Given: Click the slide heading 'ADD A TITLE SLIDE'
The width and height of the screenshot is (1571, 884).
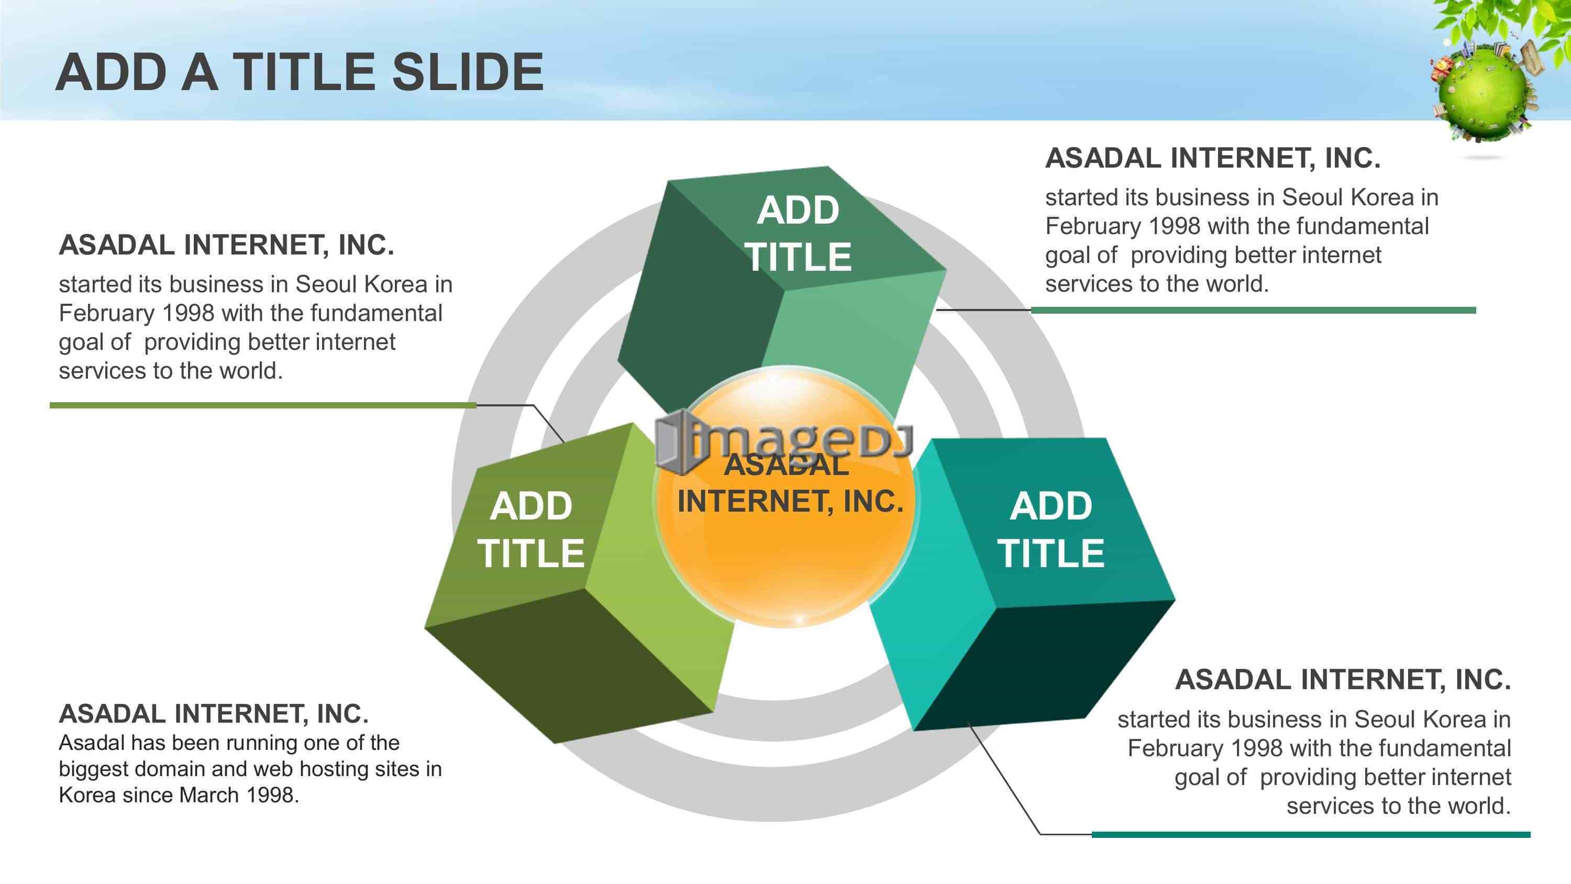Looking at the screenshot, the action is tap(300, 72).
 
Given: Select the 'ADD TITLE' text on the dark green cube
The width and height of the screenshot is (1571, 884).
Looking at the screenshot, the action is tap(798, 233).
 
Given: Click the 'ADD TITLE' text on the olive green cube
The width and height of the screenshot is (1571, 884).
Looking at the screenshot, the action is tap(530, 529).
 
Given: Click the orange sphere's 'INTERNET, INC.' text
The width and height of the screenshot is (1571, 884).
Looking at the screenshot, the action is tap(790, 502).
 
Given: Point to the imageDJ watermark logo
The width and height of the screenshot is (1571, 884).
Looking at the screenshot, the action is tap(784, 441).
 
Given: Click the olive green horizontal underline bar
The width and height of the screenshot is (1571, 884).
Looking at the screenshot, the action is tap(263, 405).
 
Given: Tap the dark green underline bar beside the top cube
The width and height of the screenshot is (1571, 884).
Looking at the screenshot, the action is tap(1253, 311).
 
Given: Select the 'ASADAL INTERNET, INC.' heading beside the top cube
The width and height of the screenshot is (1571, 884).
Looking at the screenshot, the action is tap(1212, 158).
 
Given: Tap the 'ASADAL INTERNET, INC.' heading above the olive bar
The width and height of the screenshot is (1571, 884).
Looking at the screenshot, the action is tap(226, 245).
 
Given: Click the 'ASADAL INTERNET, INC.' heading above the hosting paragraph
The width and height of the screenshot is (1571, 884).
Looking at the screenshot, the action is tap(214, 714).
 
